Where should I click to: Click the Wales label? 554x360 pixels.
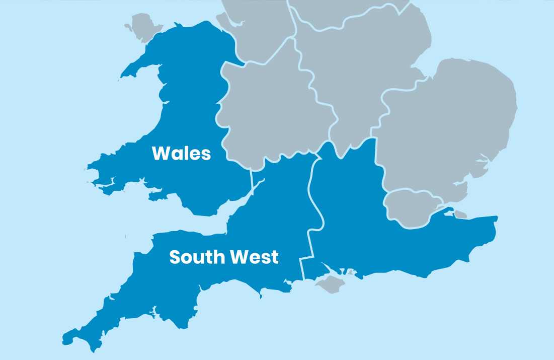[181, 153]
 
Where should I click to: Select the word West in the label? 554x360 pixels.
[254, 257]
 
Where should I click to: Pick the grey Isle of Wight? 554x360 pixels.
[332, 283]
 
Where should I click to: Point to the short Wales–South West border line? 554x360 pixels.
[251, 179]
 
